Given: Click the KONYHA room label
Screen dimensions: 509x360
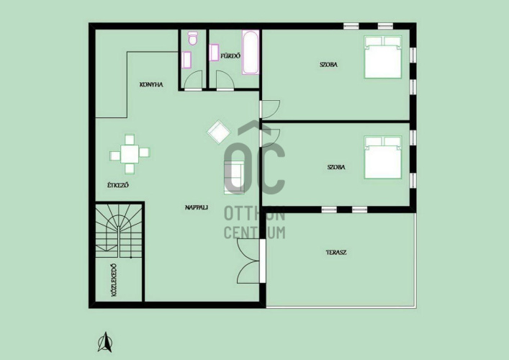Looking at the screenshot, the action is pyautogui.click(x=151, y=85).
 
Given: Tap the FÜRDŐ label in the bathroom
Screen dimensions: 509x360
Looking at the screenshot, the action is pyautogui.click(x=230, y=56).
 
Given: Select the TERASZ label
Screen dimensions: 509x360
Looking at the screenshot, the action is pyautogui.click(x=336, y=252).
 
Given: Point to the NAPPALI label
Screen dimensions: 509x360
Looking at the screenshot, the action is pyautogui.click(x=197, y=207).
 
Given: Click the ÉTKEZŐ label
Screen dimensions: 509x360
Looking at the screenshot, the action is pyautogui.click(x=118, y=185).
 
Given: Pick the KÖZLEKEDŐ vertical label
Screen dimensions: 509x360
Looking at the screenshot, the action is pyautogui.click(x=114, y=280).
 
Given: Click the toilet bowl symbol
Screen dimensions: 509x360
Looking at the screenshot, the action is pyautogui.click(x=193, y=38).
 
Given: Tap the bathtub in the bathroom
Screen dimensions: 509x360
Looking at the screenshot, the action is pyautogui.click(x=251, y=53).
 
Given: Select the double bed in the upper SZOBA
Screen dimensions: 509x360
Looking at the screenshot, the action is pyautogui.click(x=383, y=57).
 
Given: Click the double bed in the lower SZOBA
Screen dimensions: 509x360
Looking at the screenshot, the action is pyautogui.click(x=383, y=158).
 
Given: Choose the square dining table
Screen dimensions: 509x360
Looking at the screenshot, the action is pyautogui.click(x=130, y=154).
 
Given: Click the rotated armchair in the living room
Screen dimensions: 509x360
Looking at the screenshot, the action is pyautogui.click(x=218, y=132).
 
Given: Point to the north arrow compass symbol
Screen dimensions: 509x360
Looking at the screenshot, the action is pyautogui.click(x=105, y=342).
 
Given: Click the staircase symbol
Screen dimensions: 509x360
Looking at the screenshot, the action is pyautogui.click(x=119, y=231).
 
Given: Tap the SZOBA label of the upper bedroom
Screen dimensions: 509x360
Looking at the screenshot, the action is pyautogui.click(x=328, y=65).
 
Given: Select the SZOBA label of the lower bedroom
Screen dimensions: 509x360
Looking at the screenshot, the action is pyautogui.click(x=336, y=167).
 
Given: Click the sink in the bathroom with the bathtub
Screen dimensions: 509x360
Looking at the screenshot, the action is pyautogui.click(x=215, y=53).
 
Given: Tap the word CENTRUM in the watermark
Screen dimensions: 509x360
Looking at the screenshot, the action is pyautogui.click(x=255, y=233).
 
